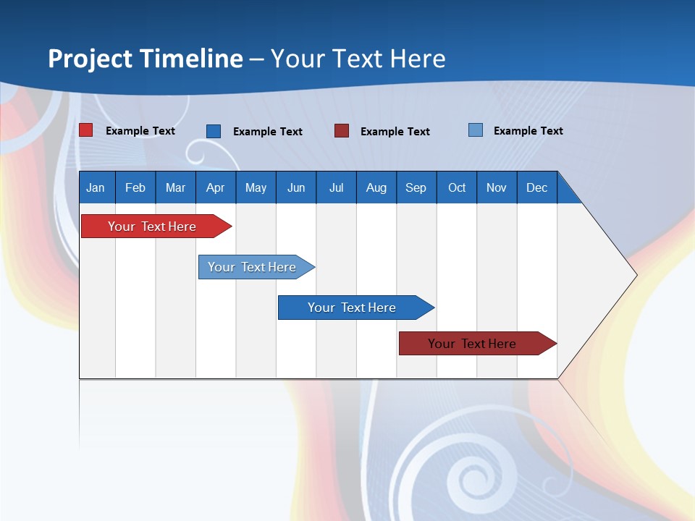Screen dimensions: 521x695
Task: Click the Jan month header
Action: pyautogui.click(x=96, y=187)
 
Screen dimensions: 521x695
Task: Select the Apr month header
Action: pyautogui.click(x=215, y=187)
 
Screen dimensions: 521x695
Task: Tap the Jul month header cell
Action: pyautogui.click(x=336, y=187)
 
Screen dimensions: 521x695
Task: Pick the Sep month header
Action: pyautogui.click(x=416, y=187)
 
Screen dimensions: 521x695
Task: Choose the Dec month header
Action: pyautogui.click(x=536, y=187)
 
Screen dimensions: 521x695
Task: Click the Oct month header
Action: pyautogui.click(x=457, y=187)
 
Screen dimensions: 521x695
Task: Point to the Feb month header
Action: pyautogui.click(x=135, y=187)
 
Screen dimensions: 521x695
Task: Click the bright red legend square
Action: pyautogui.click(x=86, y=130)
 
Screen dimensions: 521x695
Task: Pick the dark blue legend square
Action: pyautogui.click(x=214, y=131)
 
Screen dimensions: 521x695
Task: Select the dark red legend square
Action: pyautogui.click(x=342, y=130)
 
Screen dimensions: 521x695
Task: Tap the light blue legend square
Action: pyautogui.click(x=475, y=130)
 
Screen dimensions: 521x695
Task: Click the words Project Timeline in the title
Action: pyautogui.click(x=145, y=59)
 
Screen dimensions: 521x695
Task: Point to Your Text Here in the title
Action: pyautogui.click(x=358, y=59)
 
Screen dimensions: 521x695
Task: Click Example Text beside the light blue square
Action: pyautogui.click(x=528, y=131)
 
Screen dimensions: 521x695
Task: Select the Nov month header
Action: pyautogui.click(x=497, y=187)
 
